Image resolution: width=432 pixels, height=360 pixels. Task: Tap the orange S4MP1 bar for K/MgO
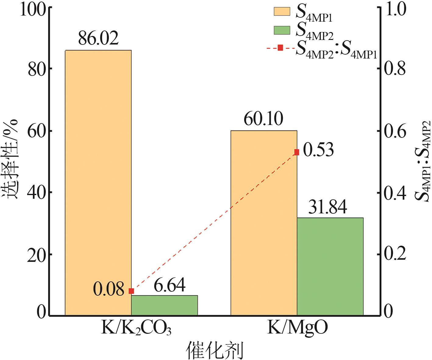(264, 223)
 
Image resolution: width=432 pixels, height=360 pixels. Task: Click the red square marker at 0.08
(131, 291)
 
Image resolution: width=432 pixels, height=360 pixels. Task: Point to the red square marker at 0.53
(297, 152)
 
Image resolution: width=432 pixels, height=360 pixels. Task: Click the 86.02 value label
(98, 38)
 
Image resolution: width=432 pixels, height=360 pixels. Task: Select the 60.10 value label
(263, 119)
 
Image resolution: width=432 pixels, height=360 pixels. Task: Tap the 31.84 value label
(327, 207)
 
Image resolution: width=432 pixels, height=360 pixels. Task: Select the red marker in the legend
(280, 48)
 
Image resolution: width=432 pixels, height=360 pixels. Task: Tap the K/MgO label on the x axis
(298, 328)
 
